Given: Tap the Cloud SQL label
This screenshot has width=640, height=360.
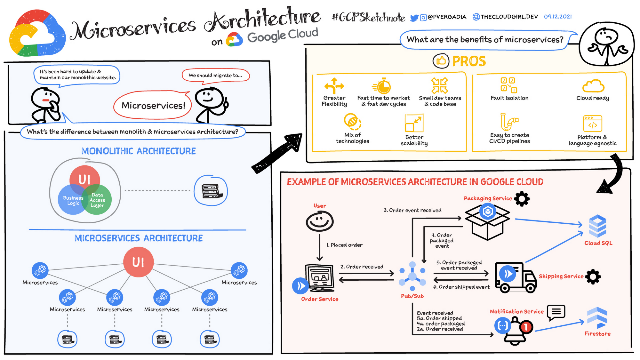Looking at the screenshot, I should pos(598,243).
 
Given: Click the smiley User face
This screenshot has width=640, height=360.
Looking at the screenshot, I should pos(319,221).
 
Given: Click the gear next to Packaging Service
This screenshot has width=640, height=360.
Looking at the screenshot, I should pos(522,199).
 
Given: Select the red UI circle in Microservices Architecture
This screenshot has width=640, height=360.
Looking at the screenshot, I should pos(138,262).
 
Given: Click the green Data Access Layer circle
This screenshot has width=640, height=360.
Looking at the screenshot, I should pos(98,200).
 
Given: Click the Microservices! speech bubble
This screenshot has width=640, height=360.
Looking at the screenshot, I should pos(153,105).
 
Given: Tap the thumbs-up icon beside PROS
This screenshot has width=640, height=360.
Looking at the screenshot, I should pos(441,60).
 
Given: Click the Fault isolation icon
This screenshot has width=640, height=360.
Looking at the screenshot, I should pos(509,85).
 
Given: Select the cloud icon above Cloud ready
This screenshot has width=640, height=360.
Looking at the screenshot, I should pos(593,86).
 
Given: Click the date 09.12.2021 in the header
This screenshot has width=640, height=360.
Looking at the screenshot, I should pos(558,17).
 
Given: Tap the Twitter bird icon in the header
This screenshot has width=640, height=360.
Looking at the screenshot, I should pos(414,18).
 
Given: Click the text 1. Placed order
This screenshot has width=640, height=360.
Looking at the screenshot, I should pos(344,245).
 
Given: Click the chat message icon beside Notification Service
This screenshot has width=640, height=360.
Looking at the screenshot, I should pos(556,312).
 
